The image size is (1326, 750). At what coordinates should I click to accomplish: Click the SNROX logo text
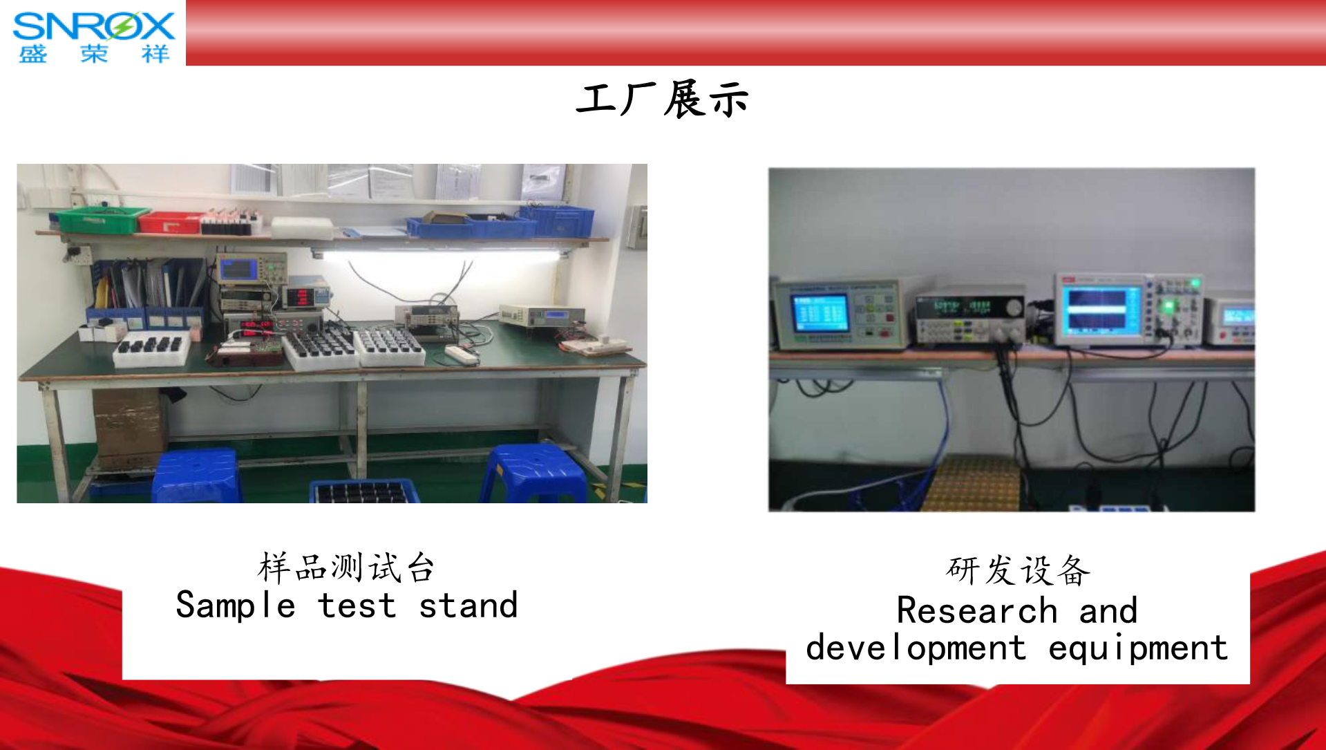pyautogui.click(x=94, y=26)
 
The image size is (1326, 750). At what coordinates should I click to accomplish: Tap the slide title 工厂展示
pyautogui.click(x=662, y=100)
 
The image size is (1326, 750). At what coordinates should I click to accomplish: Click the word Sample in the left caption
pyautogui.click(x=236, y=606)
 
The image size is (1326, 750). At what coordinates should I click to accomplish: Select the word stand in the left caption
pyautogui.click(x=468, y=606)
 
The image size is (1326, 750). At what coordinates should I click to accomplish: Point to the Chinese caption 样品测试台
pyautogui.click(x=346, y=568)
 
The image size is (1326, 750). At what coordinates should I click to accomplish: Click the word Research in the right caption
pyautogui.click(x=977, y=610)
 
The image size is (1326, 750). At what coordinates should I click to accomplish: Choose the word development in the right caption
pyautogui.click(x=916, y=648)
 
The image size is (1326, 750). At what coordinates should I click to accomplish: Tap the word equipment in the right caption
pyautogui.click(x=1138, y=648)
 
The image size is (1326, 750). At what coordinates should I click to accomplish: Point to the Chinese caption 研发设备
pyautogui.click(x=1018, y=570)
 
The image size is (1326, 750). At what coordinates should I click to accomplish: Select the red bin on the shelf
pyautogui.click(x=170, y=222)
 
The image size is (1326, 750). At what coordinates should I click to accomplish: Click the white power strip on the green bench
pyautogui.click(x=462, y=355)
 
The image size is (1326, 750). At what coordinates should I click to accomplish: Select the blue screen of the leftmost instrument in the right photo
pyautogui.click(x=820, y=312)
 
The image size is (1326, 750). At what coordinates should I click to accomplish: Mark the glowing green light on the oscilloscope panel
pyautogui.click(x=1168, y=306)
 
